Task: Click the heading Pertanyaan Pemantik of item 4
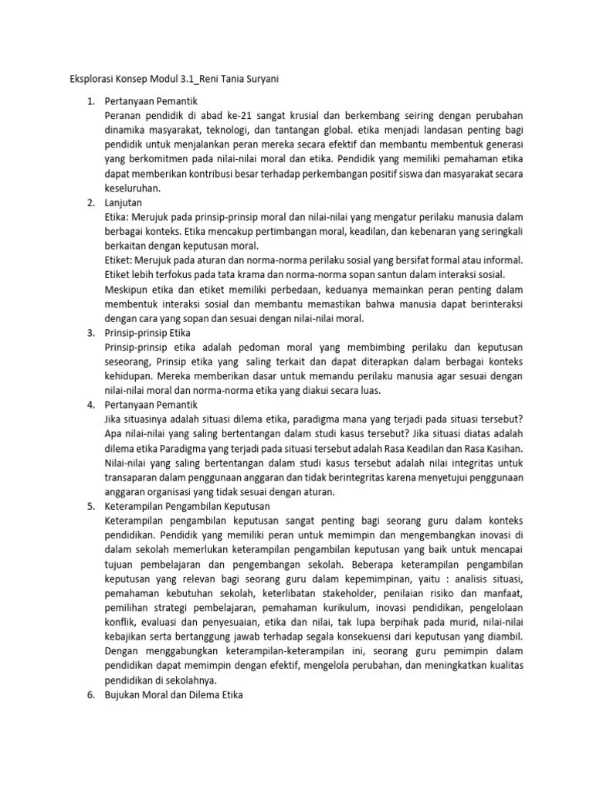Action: tap(151, 404)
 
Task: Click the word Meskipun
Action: tap(128, 289)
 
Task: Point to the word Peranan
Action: tap(125, 116)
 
